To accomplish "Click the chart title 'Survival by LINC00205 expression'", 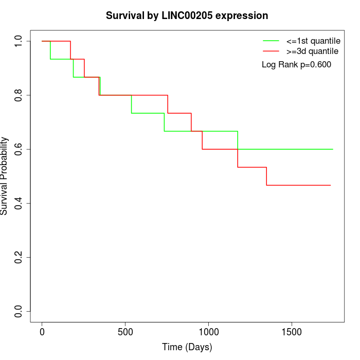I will [187, 15].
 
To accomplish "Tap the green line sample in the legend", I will [271, 41].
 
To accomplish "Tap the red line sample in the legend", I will [271, 51].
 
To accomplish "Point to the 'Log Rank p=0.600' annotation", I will [296, 65].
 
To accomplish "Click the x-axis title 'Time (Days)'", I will [187, 347].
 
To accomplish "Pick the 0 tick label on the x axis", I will [42, 332].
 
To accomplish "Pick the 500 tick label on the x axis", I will [125, 332].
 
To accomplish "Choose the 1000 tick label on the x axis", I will [209, 332].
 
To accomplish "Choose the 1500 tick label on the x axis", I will [292, 332].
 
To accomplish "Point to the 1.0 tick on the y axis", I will [19, 41].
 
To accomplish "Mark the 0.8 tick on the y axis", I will [19, 95].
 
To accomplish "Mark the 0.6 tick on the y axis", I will [19, 149].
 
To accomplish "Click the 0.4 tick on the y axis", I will [19, 203].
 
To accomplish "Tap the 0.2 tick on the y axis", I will [19, 257].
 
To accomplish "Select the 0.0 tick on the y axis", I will [19, 311].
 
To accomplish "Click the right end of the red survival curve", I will [330, 185].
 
